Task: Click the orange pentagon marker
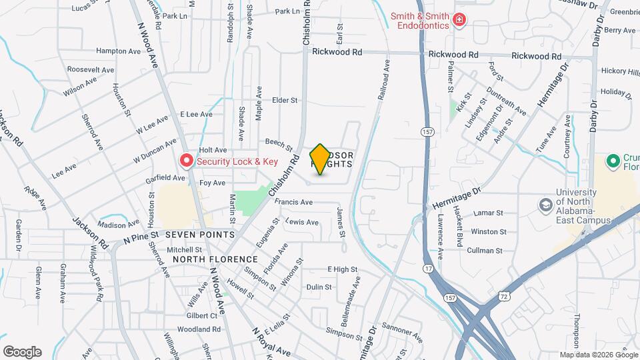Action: (320, 159)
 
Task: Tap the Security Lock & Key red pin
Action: (187, 161)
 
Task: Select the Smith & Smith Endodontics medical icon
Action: (459, 21)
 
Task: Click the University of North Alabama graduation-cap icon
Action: (546, 203)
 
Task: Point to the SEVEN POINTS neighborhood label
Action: (200, 235)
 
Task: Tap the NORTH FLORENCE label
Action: (215, 259)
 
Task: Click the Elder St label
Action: (284, 100)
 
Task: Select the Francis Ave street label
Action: (293, 202)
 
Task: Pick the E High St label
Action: (342, 269)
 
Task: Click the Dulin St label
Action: (319, 287)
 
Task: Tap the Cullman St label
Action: (486, 251)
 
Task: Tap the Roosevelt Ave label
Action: (92, 69)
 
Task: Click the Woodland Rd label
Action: (199, 329)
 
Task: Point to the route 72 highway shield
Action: (511, 294)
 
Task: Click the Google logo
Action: (22, 352)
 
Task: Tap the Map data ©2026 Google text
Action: (598, 355)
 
